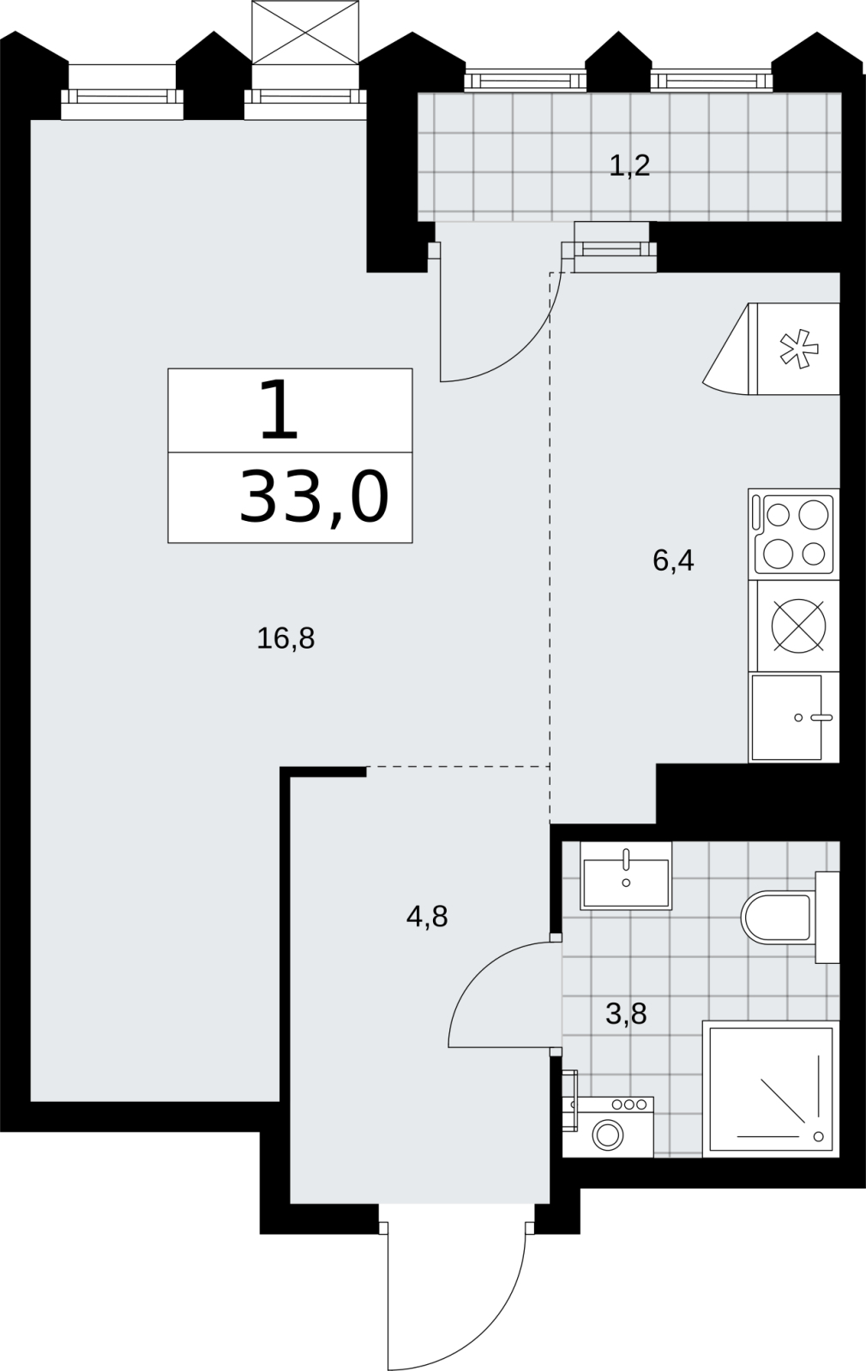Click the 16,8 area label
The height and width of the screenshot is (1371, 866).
click(x=286, y=639)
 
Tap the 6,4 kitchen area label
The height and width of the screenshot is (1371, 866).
click(x=673, y=560)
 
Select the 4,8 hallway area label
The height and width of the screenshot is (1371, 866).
click(x=427, y=917)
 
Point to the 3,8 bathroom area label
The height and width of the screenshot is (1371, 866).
click(x=626, y=1014)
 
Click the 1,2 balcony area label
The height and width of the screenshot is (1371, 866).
click(x=629, y=165)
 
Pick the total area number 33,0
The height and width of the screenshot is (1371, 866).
click(x=314, y=498)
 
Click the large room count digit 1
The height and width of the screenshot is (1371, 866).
click(x=279, y=410)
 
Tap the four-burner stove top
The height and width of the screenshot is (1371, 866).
click(x=794, y=535)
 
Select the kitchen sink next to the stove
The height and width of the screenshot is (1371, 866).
click(x=794, y=717)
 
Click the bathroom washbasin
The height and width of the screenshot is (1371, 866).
click(x=626, y=875)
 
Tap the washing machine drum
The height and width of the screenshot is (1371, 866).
click(x=608, y=1136)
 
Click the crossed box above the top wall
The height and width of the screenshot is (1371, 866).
click(x=305, y=32)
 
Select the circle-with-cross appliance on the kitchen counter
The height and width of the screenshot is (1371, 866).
click(x=798, y=626)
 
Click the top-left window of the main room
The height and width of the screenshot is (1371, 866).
click(x=123, y=96)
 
